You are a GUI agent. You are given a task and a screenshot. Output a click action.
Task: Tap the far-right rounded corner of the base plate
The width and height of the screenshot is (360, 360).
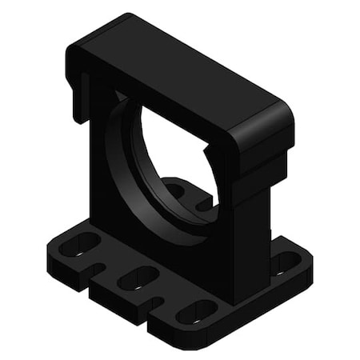click(309, 268)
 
